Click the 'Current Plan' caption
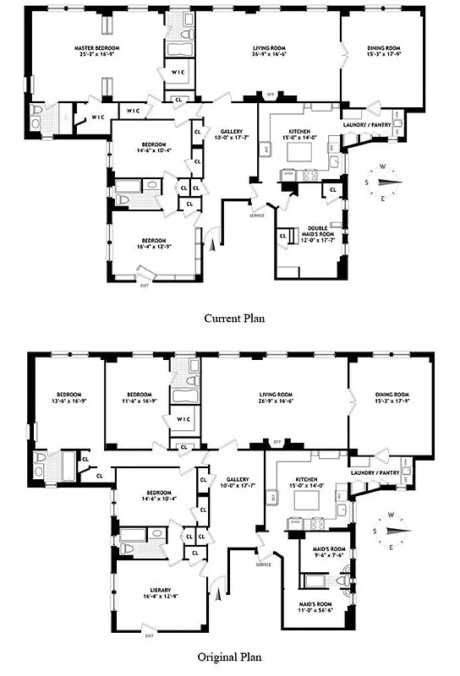230,319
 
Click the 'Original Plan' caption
230,656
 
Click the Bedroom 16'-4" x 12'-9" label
153,243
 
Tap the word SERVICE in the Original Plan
262,564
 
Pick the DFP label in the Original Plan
277,441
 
